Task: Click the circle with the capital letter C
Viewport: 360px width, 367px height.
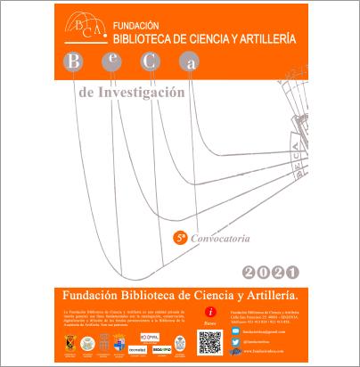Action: coord(151,61)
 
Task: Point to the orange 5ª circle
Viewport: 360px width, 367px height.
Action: coord(179,238)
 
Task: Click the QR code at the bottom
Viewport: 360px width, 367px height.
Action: coord(209,340)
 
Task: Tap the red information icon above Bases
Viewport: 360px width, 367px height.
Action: coord(210,311)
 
